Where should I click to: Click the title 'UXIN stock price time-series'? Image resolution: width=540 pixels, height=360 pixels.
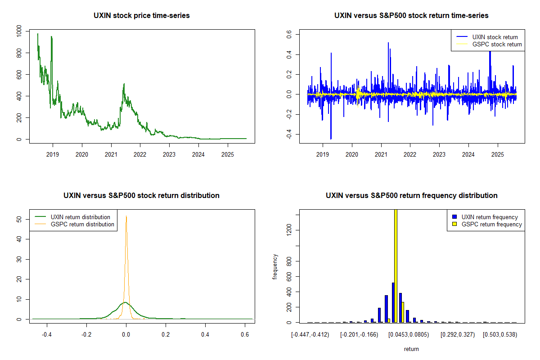click(142, 16)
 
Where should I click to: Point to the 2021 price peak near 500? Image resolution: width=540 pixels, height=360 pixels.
click(123, 84)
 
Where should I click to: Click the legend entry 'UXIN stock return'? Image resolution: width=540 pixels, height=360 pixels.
click(495, 37)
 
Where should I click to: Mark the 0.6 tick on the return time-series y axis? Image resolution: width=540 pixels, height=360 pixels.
click(289, 34)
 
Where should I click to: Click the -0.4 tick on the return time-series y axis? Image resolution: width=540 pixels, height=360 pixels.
click(289, 134)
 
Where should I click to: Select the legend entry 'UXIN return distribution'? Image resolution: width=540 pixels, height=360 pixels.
click(81, 217)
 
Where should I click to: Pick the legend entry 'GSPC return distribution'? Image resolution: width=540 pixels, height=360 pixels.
click(82, 224)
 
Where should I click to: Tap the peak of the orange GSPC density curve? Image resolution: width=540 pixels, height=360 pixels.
click(126, 216)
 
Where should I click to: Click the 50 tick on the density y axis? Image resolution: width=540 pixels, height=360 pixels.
click(18, 219)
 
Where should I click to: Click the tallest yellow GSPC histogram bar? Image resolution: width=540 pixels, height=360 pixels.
click(396, 265)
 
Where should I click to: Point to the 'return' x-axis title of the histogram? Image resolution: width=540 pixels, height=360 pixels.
click(411, 349)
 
